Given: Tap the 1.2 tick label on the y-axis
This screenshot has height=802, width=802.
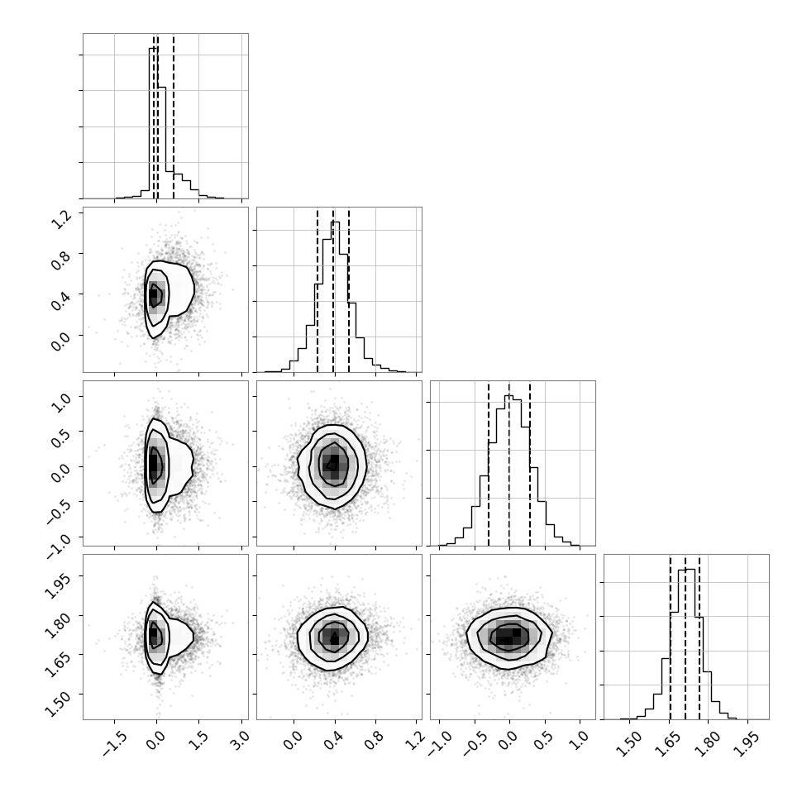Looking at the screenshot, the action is [x=61, y=219].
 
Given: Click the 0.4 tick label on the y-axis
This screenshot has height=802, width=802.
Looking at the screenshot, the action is [x=61, y=301].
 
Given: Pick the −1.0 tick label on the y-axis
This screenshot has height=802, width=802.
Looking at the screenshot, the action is [x=57, y=544].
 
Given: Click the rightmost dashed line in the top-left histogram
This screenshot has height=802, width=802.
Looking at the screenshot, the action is [x=174, y=116].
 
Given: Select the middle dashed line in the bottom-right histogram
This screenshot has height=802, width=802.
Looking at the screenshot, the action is [x=685, y=637].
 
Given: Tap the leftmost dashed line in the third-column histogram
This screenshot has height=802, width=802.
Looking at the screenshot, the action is [x=489, y=463].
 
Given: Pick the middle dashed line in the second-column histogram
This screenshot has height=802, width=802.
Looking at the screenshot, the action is [x=333, y=290].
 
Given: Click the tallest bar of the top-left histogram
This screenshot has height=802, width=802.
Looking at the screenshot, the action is [x=154, y=122].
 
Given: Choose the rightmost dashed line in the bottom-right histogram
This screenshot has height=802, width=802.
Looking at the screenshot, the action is [x=699, y=637].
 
